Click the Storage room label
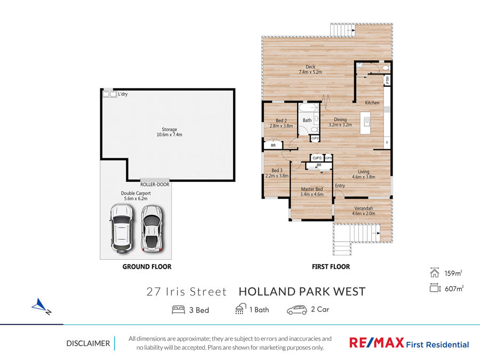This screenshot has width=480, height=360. coord(169,132)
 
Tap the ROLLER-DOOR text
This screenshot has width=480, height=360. coord(155,185)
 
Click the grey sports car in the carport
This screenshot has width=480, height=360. coord(151,229)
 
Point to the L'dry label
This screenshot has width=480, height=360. coord(123,94)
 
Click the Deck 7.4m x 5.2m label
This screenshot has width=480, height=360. coord(310,69)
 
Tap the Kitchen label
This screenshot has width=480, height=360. coord(372,103)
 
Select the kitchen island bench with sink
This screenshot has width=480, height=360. coord(365,123)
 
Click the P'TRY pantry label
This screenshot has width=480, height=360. coord(387,80)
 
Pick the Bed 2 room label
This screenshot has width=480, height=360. coord(281,121)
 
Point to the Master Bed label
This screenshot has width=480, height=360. coord(312,189)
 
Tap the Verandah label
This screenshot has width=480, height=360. coord(364,209)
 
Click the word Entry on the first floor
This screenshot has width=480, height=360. coord(340,186)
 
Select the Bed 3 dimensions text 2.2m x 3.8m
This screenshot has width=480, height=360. coord(277,175)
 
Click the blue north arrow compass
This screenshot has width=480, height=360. coord(40,306)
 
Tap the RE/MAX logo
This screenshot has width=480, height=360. coord(377,342)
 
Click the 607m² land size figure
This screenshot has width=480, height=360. coord(454,289)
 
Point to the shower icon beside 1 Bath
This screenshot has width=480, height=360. coord(241,309)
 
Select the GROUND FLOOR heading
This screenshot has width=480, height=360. coord(147,267)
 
